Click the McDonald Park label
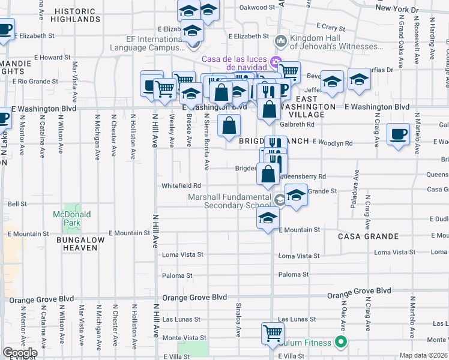coord(71,218)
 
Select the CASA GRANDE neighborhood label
coord(363,236)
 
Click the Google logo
coord(20,353)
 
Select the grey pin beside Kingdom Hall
coord(280,41)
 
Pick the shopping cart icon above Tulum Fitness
coord(273,333)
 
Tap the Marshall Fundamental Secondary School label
coord(229,201)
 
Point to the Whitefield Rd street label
coord(181,186)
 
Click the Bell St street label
coord(17,204)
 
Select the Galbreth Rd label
coord(298,125)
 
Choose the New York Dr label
coord(397,10)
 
